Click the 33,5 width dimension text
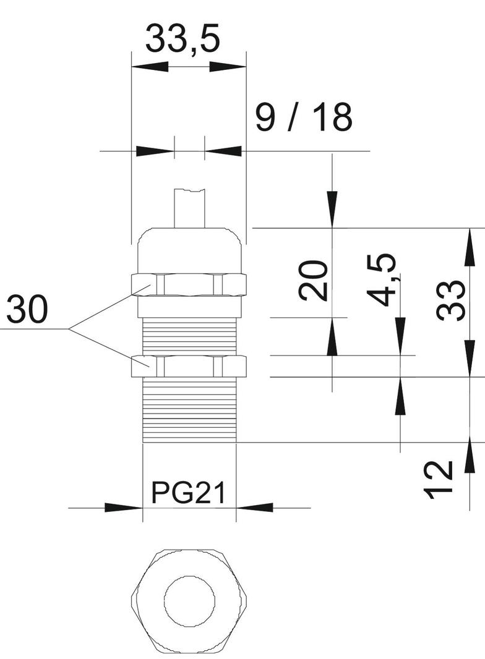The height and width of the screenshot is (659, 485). (183, 40)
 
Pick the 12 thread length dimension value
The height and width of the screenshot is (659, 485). (440, 479)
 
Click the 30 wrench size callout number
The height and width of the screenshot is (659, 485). (27, 311)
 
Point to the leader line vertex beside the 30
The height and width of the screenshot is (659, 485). (69, 329)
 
